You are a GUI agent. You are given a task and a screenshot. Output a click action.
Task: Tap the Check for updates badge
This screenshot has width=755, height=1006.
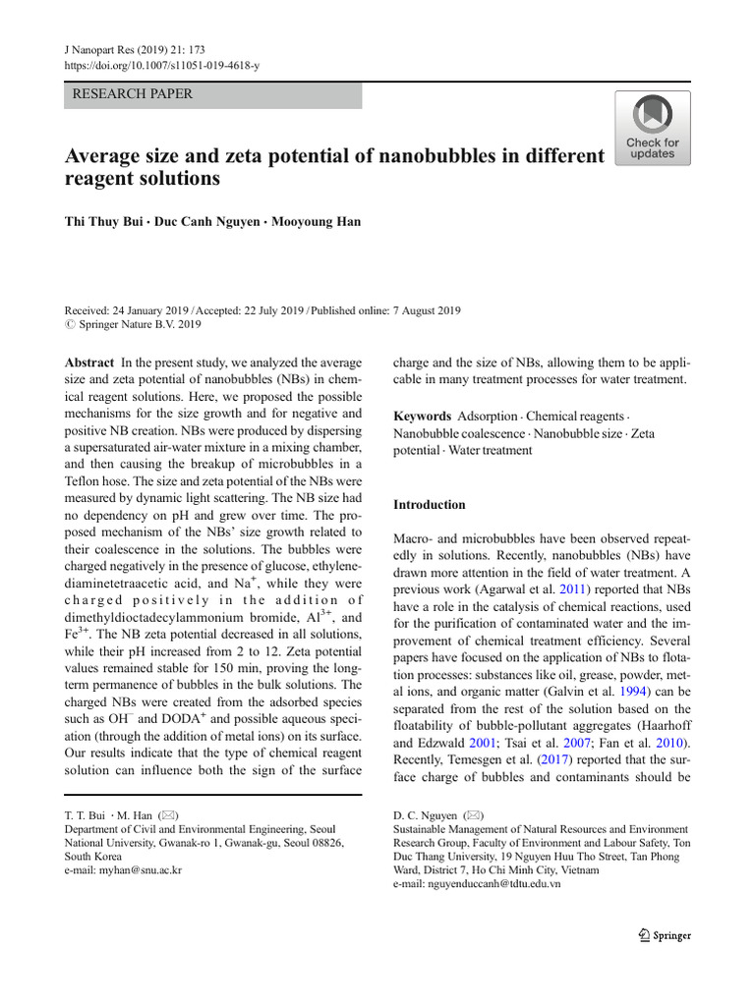(652, 129)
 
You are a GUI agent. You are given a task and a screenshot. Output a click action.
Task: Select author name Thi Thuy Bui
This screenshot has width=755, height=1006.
(107, 222)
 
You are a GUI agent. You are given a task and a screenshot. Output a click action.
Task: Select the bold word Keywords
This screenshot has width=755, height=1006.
(423, 416)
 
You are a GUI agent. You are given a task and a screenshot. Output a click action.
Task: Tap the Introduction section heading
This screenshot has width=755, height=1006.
(430, 505)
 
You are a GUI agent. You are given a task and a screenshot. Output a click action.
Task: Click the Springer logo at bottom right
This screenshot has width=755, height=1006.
(664, 935)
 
